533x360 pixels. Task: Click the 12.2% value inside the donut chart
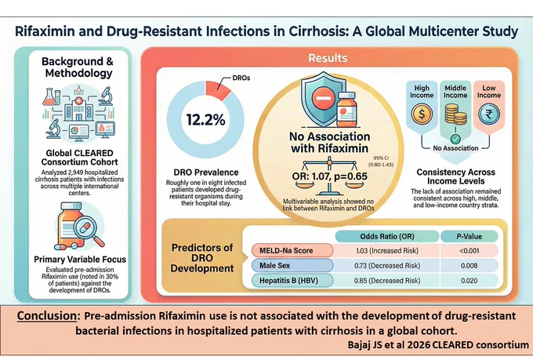tap(205, 120)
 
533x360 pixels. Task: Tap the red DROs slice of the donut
tap(218, 90)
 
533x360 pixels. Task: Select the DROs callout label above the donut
tap(241, 78)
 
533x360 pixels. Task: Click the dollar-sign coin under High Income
tap(422, 114)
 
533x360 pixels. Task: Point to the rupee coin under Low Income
tap(489, 114)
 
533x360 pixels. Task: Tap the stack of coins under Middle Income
tap(455, 114)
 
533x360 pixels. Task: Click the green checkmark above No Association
tap(455, 139)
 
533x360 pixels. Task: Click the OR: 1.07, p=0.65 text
tap(330, 176)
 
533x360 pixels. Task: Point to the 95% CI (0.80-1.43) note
tap(381, 162)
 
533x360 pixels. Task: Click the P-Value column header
tap(469, 237)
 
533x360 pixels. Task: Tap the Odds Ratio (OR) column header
tap(387, 237)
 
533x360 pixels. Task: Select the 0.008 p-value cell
tap(469, 265)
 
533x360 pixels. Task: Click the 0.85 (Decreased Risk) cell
tap(387, 281)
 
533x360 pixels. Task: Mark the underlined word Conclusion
tap(47, 316)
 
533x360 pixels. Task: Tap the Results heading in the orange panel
tap(328, 58)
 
